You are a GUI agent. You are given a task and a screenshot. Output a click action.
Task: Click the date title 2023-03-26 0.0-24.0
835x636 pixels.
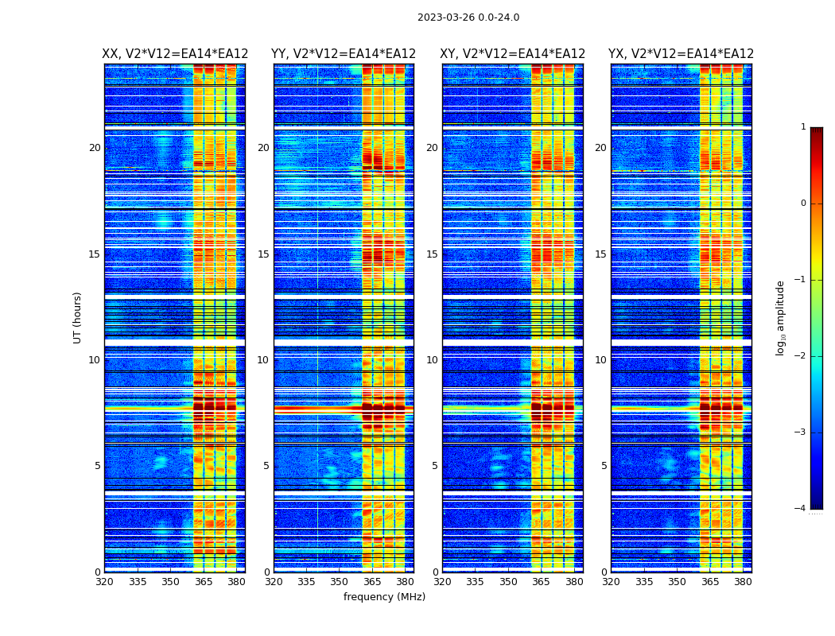click(x=468, y=17)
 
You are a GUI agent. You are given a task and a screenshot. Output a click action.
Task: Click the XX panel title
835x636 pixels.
click(x=175, y=54)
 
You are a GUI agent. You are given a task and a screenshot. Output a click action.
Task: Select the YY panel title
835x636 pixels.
click(x=344, y=54)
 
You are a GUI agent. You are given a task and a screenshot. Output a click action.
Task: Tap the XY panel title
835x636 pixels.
click(x=512, y=54)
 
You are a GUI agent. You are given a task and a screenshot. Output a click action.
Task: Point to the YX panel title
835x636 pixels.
click(x=681, y=54)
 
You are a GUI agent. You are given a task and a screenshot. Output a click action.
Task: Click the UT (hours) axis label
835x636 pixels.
click(x=77, y=317)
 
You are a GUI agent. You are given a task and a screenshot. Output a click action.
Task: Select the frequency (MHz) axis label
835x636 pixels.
click(x=384, y=597)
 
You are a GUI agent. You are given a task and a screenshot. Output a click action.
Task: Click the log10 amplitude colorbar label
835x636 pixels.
click(x=781, y=317)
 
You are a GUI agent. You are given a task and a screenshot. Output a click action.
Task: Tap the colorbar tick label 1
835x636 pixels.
click(x=803, y=127)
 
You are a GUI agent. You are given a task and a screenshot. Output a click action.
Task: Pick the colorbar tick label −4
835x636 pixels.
click(x=801, y=509)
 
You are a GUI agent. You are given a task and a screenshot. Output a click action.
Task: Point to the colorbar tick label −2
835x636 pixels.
click(x=801, y=356)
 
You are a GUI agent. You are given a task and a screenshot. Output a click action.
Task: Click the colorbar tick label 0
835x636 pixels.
click(x=803, y=204)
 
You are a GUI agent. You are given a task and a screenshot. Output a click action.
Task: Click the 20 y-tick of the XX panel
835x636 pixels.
click(x=95, y=148)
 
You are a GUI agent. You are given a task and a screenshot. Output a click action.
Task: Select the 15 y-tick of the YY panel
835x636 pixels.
click(x=263, y=254)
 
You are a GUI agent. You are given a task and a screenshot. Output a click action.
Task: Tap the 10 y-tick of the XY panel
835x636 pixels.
click(x=432, y=360)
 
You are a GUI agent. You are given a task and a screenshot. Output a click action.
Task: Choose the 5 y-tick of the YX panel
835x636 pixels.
click(x=604, y=466)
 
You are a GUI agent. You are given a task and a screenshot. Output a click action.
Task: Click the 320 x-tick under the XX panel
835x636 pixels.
click(x=104, y=582)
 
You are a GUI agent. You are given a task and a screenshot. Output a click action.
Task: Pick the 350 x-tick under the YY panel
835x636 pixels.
click(x=340, y=582)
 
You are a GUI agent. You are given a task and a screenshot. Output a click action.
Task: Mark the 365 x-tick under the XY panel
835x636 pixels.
click(x=541, y=582)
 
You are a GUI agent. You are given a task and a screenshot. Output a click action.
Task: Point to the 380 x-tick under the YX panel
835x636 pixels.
click(x=743, y=582)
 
